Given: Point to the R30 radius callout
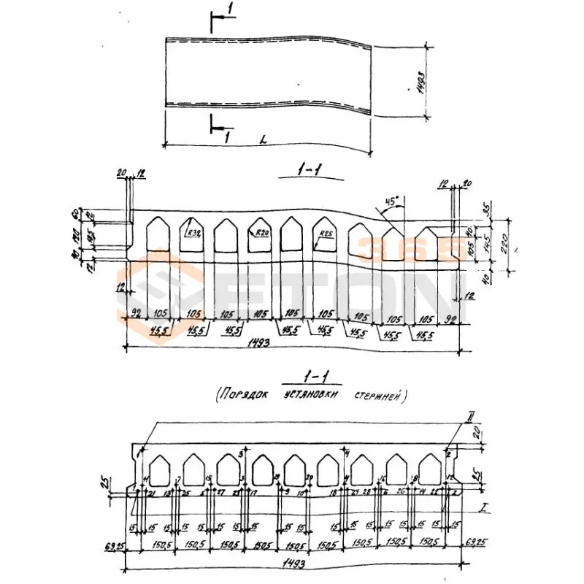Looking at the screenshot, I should tap(193, 234).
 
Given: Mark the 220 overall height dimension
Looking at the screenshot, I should tap(504, 248).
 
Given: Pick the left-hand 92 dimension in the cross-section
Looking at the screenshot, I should tap(134, 313).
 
